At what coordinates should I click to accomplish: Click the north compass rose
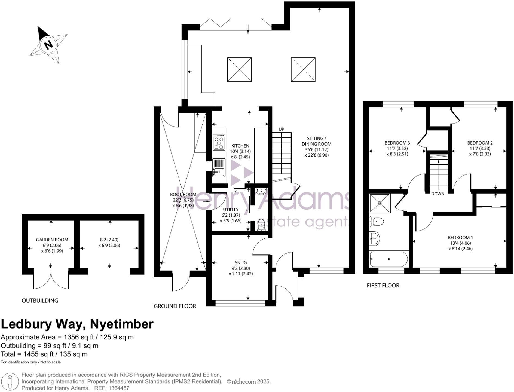tap(48, 44)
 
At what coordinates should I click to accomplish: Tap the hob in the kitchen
tap(219, 142)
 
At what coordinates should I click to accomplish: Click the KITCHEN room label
tap(240, 146)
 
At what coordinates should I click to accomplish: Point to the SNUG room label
tap(241, 263)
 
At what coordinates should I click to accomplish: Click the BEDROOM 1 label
tap(460, 238)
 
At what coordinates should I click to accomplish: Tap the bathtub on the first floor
tap(389, 259)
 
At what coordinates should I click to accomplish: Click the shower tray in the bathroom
tap(380, 203)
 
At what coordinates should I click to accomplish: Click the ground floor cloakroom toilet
tap(261, 225)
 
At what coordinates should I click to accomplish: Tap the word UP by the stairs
tap(281, 129)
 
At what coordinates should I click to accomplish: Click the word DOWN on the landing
tap(437, 194)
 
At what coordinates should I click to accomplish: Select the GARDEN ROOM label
tap(52, 240)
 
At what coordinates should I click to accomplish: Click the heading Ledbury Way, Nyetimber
tap(77, 324)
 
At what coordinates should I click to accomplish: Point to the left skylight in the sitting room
tap(239, 69)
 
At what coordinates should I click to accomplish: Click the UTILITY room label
tap(231, 210)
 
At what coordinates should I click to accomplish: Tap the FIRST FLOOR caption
tap(383, 286)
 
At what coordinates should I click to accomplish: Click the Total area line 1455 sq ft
tap(44, 354)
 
